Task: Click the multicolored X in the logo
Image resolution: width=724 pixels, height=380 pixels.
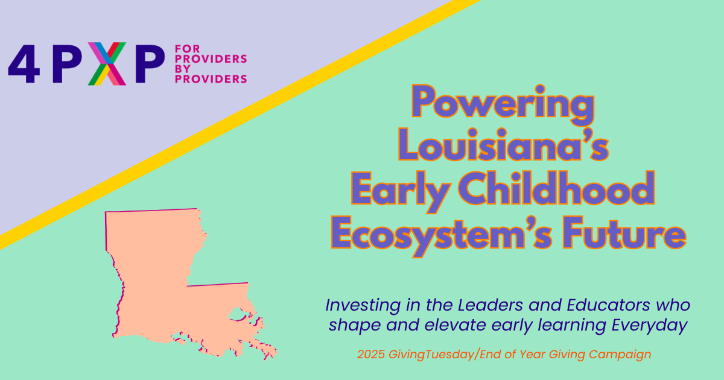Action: click(x=107, y=64)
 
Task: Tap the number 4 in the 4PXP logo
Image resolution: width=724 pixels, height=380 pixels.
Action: click(x=24, y=64)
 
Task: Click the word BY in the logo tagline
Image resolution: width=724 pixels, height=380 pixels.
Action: click(x=183, y=69)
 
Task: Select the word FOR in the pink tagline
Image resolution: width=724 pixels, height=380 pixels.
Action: click(x=188, y=49)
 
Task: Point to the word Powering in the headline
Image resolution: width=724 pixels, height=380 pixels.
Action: click(x=503, y=104)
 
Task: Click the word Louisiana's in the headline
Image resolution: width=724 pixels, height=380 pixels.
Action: click(x=504, y=144)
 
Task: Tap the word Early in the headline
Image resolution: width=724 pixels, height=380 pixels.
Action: click(x=401, y=192)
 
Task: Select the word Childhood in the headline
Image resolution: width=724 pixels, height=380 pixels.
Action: click(x=556, y=188)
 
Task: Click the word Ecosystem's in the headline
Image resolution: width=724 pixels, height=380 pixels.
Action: click(x=442, y=236)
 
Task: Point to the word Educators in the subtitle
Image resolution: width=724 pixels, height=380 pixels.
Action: click(x=608, y=305)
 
